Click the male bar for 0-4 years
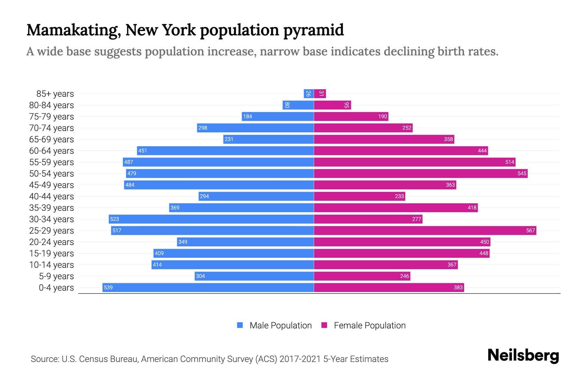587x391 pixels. (x=208, y=287)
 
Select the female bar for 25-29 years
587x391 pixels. (x=425, y=230)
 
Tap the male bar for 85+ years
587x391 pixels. (x=309, y=94)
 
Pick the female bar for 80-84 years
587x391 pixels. (x=332, y=105)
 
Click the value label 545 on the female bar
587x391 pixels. (x=522, y=173)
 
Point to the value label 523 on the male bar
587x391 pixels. (x=114, y=219)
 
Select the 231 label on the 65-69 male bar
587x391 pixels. (x=229, y=139)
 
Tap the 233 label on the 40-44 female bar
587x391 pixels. (x=399, y=196)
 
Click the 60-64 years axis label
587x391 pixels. (x=52, y=151)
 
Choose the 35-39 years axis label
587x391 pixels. (x=52, y=208)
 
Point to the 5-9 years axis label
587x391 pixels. (x=56, y=276)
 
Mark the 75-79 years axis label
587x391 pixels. (x=52, y=117)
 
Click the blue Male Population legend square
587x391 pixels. (x=240, y=325)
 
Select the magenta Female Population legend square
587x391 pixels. (x=324, y=325)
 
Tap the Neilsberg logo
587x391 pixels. (x=523, y=355)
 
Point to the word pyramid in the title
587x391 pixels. (x=313, y=30)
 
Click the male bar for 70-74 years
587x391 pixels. (x=255, y=128)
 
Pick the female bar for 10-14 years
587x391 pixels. (x=386, y=265)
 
